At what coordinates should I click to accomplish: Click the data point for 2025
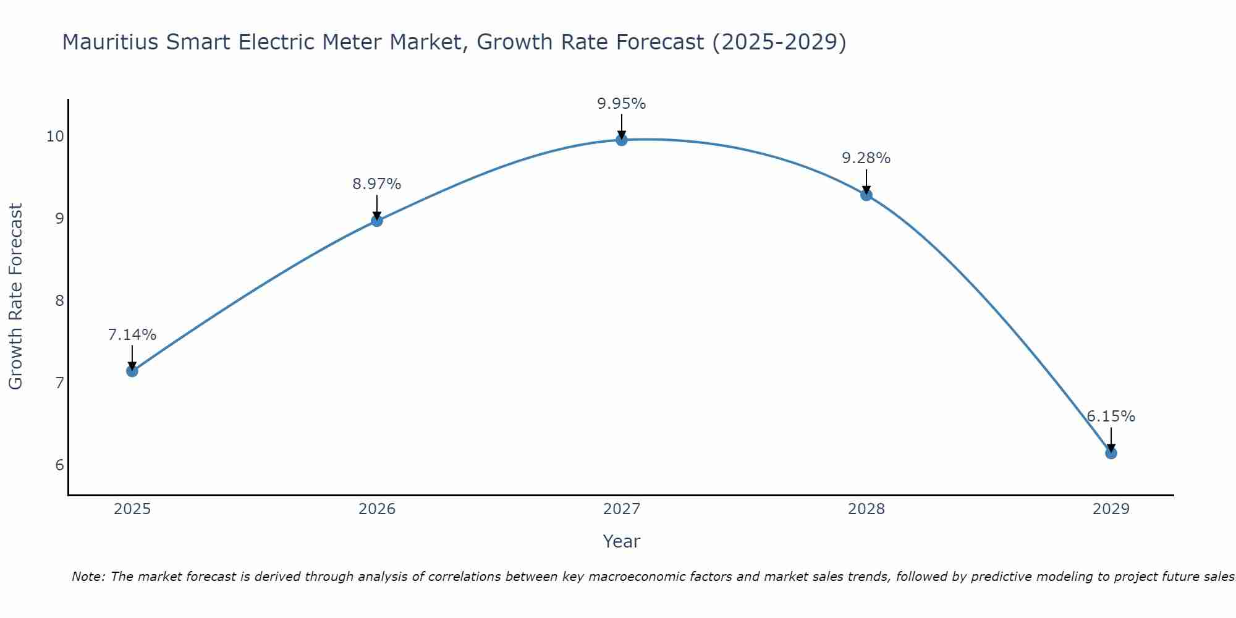pos(132,371)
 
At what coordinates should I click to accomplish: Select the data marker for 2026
pos(376,221)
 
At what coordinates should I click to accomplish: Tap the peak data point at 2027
pos(621,140)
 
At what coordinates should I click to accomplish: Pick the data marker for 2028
pos(866,195)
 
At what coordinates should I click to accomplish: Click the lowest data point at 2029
pos(1111,453)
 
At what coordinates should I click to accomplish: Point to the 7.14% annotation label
pos(132,335)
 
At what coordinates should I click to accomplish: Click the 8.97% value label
pos(376,184)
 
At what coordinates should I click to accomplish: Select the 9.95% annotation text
pos(621,104)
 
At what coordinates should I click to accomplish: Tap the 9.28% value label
pos(866,158)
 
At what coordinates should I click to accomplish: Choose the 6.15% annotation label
pos(1111,417)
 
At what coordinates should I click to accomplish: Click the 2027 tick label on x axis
pos(621,509)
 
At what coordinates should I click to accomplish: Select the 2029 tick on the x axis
pos(1111,509)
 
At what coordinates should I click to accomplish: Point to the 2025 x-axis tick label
pos(132,509)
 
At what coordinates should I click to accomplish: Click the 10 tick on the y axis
pos(55,137)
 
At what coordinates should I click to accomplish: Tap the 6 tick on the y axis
pos(59,465)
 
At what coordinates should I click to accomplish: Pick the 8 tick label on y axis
pos(59,301)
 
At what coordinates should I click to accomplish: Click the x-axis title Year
pos(621,541)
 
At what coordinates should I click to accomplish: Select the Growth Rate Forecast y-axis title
pos(15,297)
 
